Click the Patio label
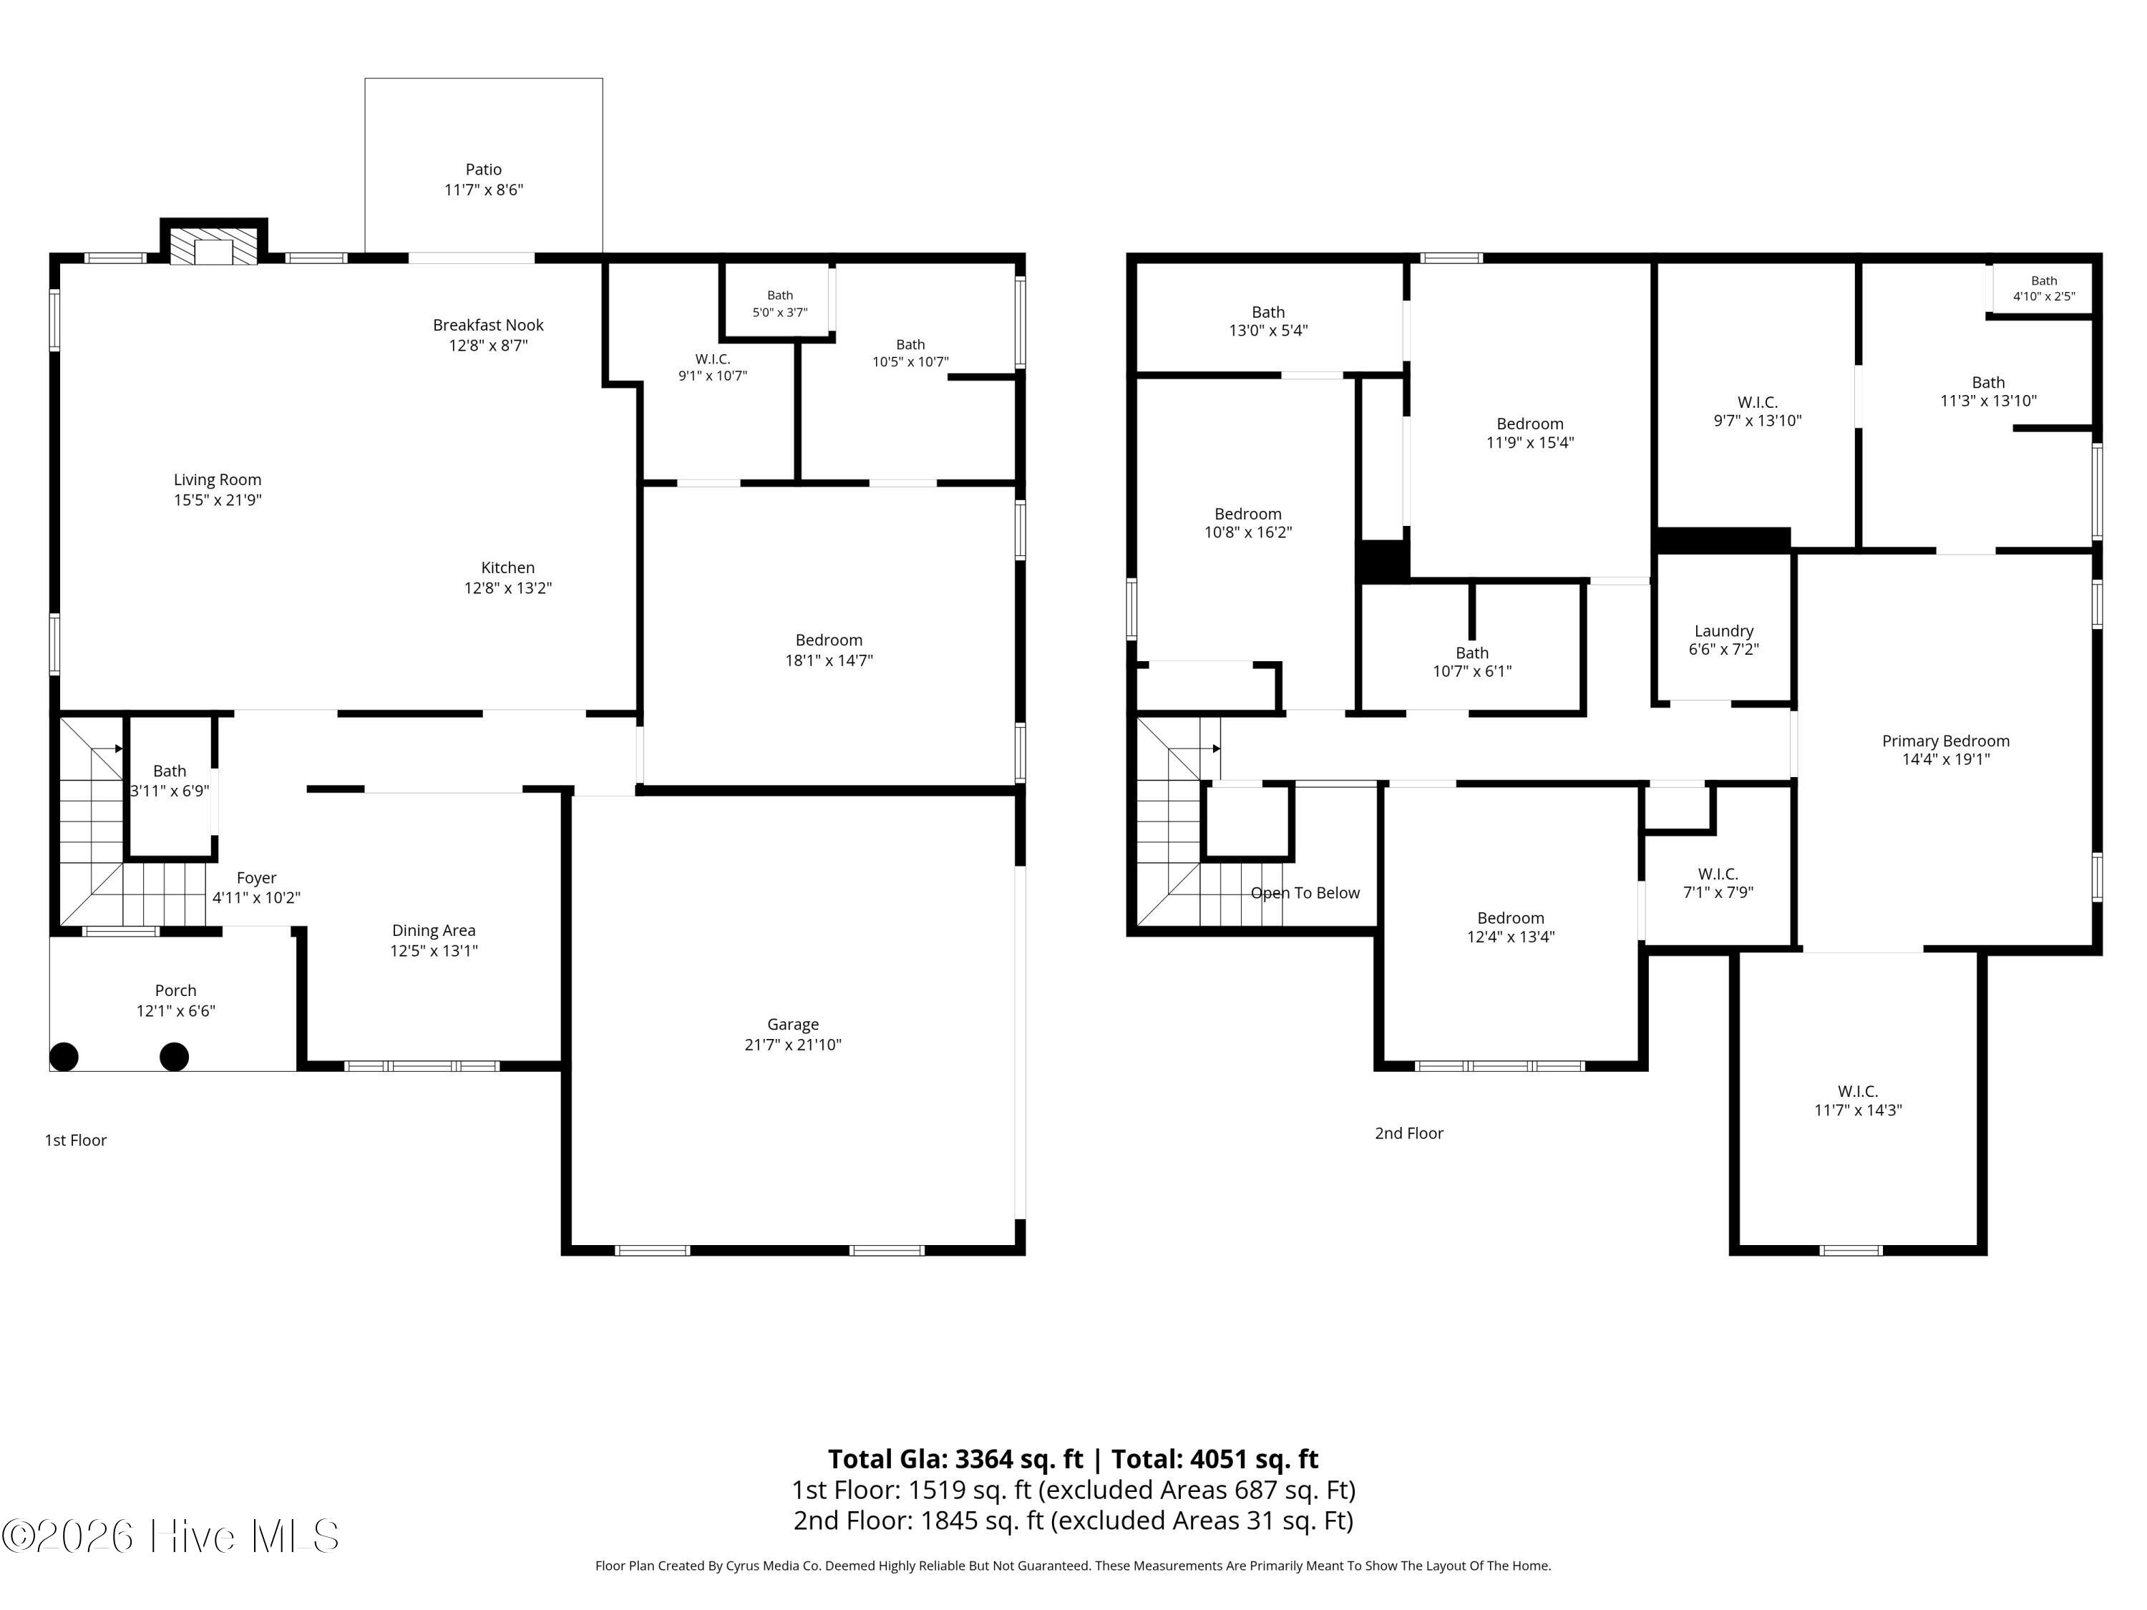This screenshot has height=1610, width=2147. click(x=483, y=169)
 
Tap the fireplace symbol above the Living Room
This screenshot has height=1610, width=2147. click(x=213, y=243)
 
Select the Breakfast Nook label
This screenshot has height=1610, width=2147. click(x=488, y=325)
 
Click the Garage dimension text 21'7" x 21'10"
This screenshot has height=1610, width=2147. click(x=793, y=1044)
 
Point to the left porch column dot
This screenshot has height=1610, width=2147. click(x=64, y=1057)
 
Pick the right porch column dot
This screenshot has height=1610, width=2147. click(x=174, y=1057)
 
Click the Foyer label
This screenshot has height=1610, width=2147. click(x=256, y=878)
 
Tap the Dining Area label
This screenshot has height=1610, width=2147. click(x=434, y=931)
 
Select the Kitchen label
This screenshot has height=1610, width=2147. click(x=507, y=567)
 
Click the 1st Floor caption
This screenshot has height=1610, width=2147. click(x=76, y=1141)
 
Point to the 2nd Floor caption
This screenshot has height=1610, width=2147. click(x=1409, y=1133)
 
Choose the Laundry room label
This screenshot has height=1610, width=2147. click(x=1724, y=632)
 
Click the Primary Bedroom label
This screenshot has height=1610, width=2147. click(x=1946, y=741)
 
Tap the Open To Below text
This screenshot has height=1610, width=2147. click(x=1305, y=893)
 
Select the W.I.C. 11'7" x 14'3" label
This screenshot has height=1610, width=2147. click(x=1858, y=1101)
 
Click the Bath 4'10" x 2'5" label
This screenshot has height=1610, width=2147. click(x=2044, y=288)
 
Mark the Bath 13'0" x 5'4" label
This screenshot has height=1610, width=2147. click(x=1269, y=321)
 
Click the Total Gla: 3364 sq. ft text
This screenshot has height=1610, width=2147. click(x=955, y=1460)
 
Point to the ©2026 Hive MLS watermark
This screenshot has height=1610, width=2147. click(x=171, y=1536)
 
